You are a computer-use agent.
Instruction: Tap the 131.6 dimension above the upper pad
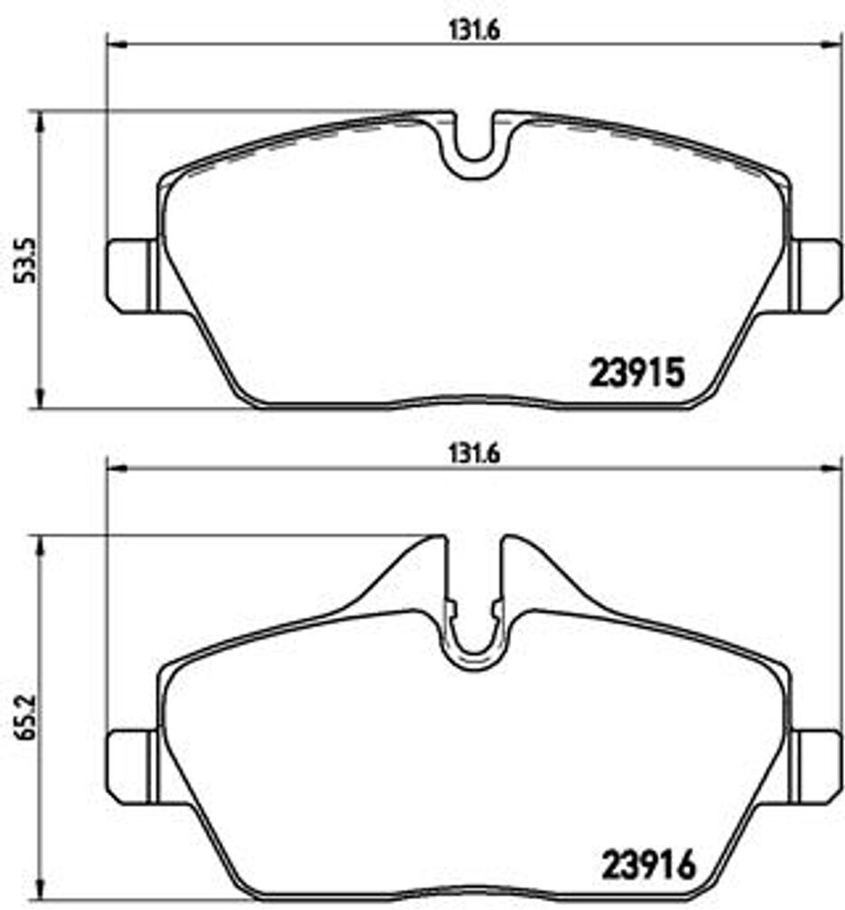pyautogui.click(x=472, y=28)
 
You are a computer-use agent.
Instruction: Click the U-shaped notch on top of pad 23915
pyautogui.click(x=473, y=149)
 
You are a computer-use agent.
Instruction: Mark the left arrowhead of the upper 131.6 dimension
pyautogui.click(x=116, y=44)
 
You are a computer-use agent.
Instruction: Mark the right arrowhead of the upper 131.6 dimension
pyautogui.click(x=836, y=44)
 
